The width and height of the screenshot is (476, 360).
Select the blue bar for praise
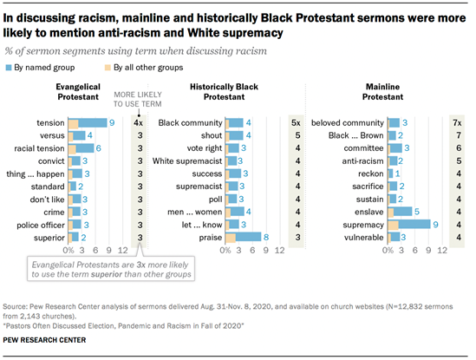[x=245, y=236]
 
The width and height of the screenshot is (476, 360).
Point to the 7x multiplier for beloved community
[x=456, y=123]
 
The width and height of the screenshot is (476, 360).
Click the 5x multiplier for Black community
[x=297, y=123]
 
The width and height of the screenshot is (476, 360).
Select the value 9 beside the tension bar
[x=113, y=123]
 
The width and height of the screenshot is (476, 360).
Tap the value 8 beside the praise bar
[x=266, y=236]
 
